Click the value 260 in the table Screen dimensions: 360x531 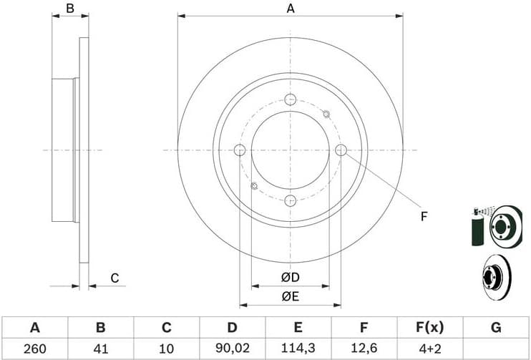pyautogui.click(x=34, y=349)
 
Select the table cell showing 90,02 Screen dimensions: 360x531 pyautogui.click(x=232, y=349)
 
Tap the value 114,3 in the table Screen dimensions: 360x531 pyautogui.click(x=298, y=349)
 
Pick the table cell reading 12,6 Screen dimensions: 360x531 pyautogui.click(x=364, y=349)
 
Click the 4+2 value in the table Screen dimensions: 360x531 pyautogui.click(x=429, y=349)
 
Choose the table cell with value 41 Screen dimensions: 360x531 pyautogui.click(x=100, y=349)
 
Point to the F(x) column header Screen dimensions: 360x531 pyautogui.click(x=429, y=328)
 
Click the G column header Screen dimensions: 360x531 pyautogui.click(x=495, y=328)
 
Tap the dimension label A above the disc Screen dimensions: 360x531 pyautogui.click(x=291, y=9)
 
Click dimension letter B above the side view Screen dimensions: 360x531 pyautogui.click(x=70, y=9)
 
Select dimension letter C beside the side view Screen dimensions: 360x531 pyautogui.click(x=114, y=278)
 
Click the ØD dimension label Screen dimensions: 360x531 pyautogui.click(x=290, y=278)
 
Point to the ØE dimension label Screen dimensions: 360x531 pyautogui.click(x=290, y=297)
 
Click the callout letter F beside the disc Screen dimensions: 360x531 pyautogui.click(x=424, y=216)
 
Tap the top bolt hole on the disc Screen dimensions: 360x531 pyautogui.click(x=290, y=99)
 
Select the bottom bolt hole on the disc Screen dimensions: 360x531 pyautogui.click(x=290, y=200)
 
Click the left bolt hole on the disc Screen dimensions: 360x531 pyautogui.click(x=240, y=150)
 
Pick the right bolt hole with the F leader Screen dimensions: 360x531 pyautogui.click(x=341, y=150)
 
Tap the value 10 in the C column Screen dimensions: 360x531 pyautogui.click(x=166, y=349)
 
